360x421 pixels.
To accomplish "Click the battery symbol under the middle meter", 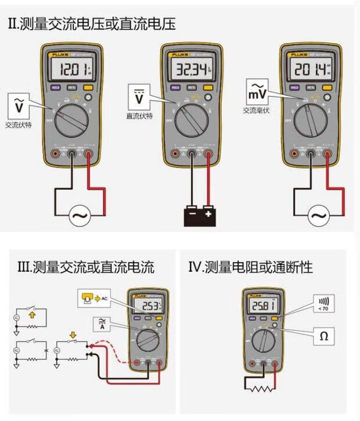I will click(199, 217).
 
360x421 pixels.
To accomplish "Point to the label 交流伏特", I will click(19, 124).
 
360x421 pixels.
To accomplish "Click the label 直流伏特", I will click(139, 116).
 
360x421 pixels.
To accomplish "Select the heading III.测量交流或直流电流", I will click(86, 268).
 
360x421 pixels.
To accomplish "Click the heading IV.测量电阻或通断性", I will click(250, 268).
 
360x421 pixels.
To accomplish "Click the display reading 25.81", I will click(262, 307).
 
